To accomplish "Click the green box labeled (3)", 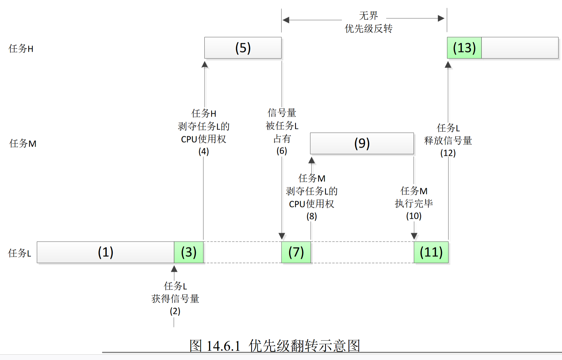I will tap(189, 252).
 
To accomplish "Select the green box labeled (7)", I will tap(296, 252).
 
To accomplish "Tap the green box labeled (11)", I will tap(431, 252).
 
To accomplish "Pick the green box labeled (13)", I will tap(464, 48).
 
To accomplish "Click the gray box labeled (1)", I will tap(106, 252).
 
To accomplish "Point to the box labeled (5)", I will tap(243, 48).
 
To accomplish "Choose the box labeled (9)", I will tap(362, 143).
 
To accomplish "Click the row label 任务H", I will tap(21, 49).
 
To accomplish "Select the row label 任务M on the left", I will tap(23, 143).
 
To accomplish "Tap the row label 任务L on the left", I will tap(20, 253).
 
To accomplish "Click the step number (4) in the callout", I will tap(203, 151).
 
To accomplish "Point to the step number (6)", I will tap(282, 151).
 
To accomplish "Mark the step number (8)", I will tap(311, 216).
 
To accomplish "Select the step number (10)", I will tap(414, 216).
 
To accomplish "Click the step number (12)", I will tap(448, 153).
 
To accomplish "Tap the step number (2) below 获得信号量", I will tap(175, 311).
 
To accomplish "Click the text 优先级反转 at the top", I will tap(368, 29).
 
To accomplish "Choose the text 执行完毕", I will tap(414, 204).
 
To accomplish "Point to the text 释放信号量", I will tap(448, 141).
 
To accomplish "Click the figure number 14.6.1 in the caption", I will tap(223, 346).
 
